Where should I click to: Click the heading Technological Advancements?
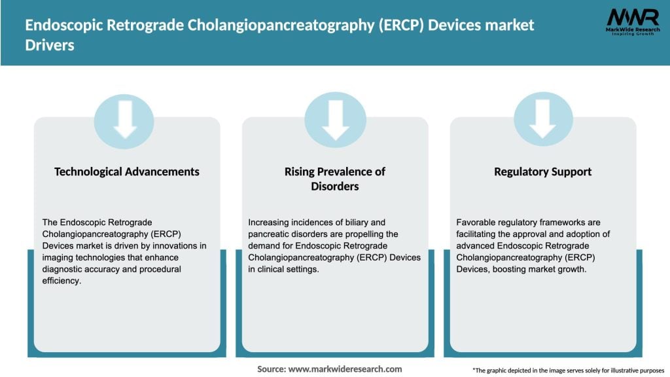click(x=127, y=171)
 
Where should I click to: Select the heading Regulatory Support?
click(x=542, y=171)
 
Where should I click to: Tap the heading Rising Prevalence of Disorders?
click(x=335, y=179)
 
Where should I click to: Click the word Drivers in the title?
click(x=50, y=46)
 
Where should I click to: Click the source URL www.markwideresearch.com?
click(x=345, y=369)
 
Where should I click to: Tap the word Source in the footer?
click(x=271, y=369)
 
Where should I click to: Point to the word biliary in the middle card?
click(x=357, y=223)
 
